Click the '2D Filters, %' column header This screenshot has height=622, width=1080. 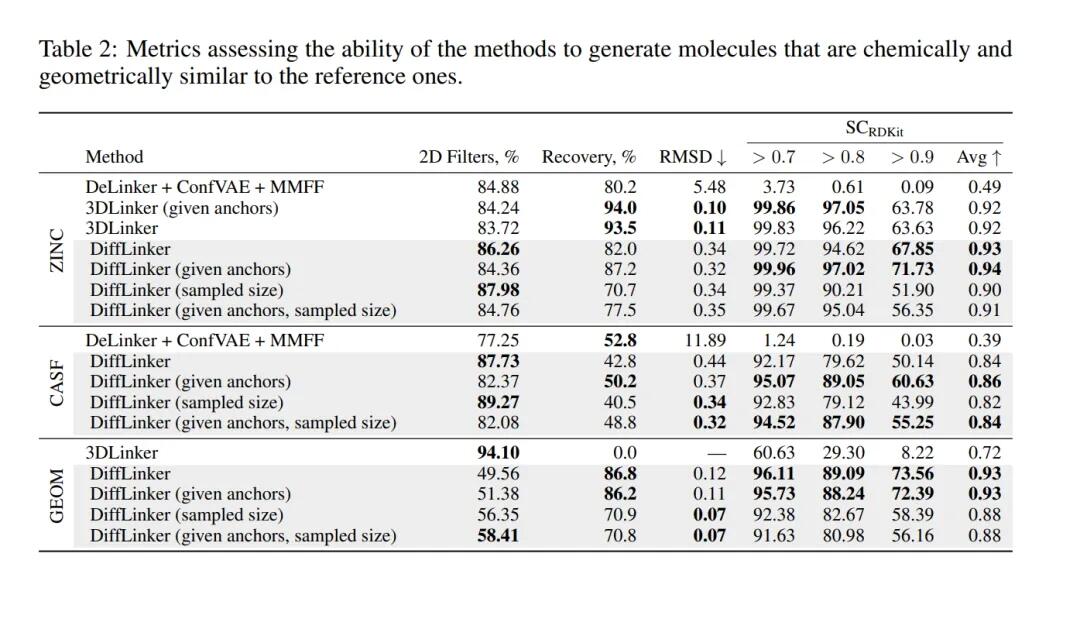[x=468, y=157]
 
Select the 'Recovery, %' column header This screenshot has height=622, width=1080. [x=588, y=157]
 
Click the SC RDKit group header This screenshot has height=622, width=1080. [x=874, y=129]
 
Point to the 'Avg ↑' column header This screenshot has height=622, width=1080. [x=979, y=157]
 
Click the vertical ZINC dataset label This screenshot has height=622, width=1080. [x=57, y=250]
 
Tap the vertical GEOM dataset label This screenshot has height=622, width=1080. [x=57, y=495]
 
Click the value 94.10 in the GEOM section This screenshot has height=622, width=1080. [x=498, y=453]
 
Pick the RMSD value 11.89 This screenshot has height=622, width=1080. [x=704, y=341]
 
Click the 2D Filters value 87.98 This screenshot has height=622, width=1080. [x=498, y=290]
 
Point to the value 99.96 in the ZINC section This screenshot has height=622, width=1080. [x=774, y=269]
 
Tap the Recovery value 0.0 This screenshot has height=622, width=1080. [x=624, y=453]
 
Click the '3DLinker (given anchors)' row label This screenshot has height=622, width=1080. [x=182, y=208]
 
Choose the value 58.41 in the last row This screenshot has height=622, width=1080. [x=498, y=536]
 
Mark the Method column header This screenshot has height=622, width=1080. [x=114, y=157]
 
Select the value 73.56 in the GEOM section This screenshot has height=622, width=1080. [x=912, y=474]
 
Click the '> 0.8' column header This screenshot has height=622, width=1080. [x=843, y=157]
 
